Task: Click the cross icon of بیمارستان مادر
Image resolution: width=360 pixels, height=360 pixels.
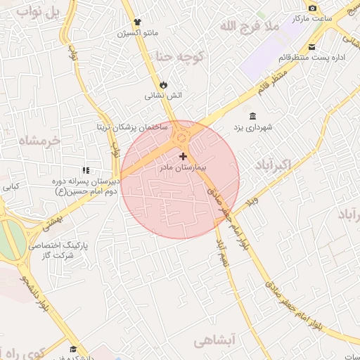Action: pyautogui.click(x=184, y=156)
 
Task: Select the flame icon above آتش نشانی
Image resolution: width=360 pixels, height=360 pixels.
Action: pyautogui.click(x=164, y=84)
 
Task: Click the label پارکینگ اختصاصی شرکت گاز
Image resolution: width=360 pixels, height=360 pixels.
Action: pyautogui.click(x=51, y=251)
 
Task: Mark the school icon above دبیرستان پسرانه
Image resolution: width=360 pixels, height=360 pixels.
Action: pyautogui.click(x=86, y=169)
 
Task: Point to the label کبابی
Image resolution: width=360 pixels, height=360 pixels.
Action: pyautogui.click(x=11, y=187)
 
